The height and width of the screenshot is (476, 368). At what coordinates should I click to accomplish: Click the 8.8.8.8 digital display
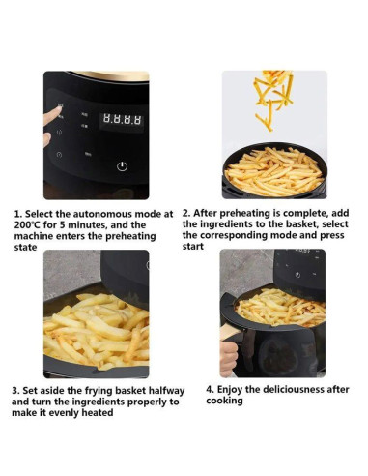pos(123,120)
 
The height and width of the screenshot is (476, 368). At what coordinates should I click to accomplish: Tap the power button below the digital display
pos(122,165)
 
